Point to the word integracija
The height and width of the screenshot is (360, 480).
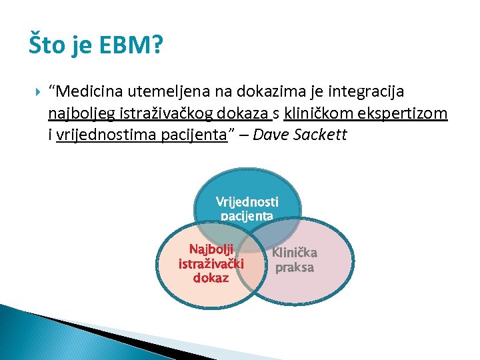[x=365, y=91]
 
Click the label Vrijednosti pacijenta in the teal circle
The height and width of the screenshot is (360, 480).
[x=247, y=208]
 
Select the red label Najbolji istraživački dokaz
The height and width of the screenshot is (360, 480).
[x=211, y=263]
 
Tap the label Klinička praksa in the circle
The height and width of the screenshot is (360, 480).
[x=294, y=260]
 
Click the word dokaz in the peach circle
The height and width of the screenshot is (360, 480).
[x=211, y=278]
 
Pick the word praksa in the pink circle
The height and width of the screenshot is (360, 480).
[x=294, y=267]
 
